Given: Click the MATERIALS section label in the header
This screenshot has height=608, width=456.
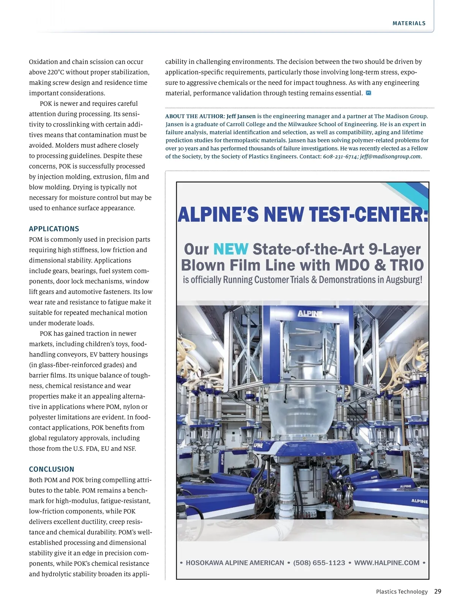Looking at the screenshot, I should (x=409, y=24).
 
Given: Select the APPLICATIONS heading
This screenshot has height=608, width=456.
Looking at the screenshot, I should (x=54, y=229).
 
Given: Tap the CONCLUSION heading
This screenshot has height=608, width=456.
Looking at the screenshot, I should (x=52, y=469).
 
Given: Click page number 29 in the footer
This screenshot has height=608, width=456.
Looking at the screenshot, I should (x=438, y=591).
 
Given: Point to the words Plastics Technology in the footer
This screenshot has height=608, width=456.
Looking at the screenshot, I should (x=402, y=592).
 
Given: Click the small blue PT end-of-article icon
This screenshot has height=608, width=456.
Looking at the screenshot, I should (x=368, y=93).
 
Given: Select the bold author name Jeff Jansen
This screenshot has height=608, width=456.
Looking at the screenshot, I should (x=241, y=116).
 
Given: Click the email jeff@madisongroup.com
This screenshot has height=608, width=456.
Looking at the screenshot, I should (x=390, y=157).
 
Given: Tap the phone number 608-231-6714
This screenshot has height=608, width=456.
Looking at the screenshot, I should (x=340, y=157).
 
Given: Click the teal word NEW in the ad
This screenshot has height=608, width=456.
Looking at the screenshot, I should (x=231, y=249).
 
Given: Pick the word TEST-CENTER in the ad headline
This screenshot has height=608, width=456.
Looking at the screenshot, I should (x=368, y=214).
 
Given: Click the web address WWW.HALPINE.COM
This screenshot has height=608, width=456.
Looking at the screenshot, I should (x=386, y=563).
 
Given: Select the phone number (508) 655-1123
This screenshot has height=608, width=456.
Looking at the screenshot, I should (x=319, y=563).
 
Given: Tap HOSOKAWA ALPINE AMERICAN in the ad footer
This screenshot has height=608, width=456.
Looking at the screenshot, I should (x=235, y=563).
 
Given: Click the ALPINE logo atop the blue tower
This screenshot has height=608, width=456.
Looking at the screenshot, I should (x=310, y=313).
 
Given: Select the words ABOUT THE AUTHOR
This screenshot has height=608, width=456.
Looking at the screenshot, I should (x=195, y=116).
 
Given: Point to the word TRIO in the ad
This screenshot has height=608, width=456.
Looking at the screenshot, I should (x=407, y=265).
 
